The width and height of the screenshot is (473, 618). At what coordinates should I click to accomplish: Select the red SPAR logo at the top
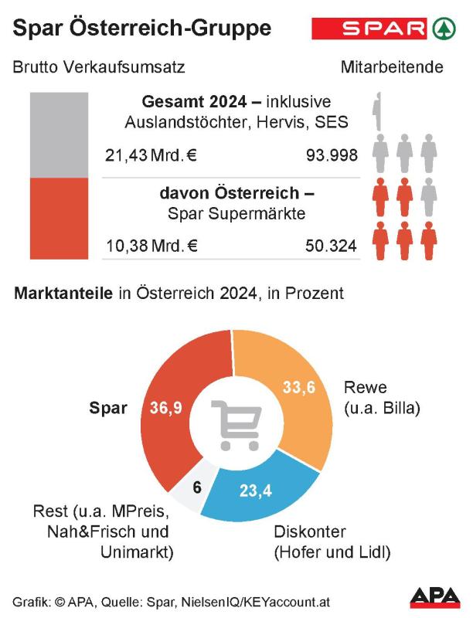tap(369, 29)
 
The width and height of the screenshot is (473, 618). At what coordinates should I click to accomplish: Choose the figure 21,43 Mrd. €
tap(151, 155)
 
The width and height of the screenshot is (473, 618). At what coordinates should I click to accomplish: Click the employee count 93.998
tap(332, 155)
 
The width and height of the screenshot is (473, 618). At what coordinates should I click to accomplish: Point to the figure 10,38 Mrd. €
tap(151, 246)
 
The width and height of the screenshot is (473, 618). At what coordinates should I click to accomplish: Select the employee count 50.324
tap(332, 246)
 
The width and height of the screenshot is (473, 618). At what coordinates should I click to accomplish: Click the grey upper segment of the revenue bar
tap(59, 135)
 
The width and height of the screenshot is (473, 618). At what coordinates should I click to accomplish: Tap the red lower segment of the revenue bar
tap(59, 220)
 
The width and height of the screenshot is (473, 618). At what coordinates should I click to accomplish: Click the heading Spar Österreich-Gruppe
tap(142, 29)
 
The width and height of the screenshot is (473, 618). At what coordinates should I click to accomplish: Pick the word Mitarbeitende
tap(392, 67)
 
